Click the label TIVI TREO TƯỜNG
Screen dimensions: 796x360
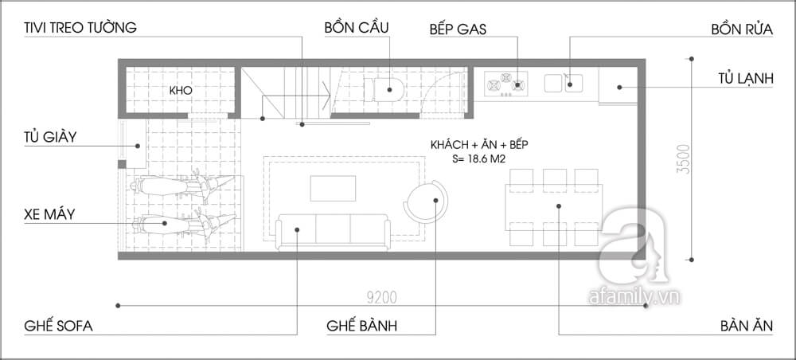(80, 27)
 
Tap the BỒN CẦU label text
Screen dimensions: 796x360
(357, 27)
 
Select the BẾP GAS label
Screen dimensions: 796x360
(458, 29)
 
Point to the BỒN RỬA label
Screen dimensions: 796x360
(742, 29)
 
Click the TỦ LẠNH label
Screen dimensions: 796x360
(745, 79)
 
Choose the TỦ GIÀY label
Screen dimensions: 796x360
(49, 136)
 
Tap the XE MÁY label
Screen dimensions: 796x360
(49, 214)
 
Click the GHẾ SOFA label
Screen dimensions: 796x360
(58, 326)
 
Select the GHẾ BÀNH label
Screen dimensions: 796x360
(361, 326)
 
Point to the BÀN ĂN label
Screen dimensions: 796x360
(747, 326)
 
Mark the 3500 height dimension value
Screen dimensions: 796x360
(685, 159)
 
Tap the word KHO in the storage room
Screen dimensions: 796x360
(181, 91)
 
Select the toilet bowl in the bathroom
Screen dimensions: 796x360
(384, 90)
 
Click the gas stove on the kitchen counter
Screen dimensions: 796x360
(505, 84)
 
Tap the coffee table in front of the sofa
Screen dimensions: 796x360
(333, 188)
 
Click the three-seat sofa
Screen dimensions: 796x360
(334, 232)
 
